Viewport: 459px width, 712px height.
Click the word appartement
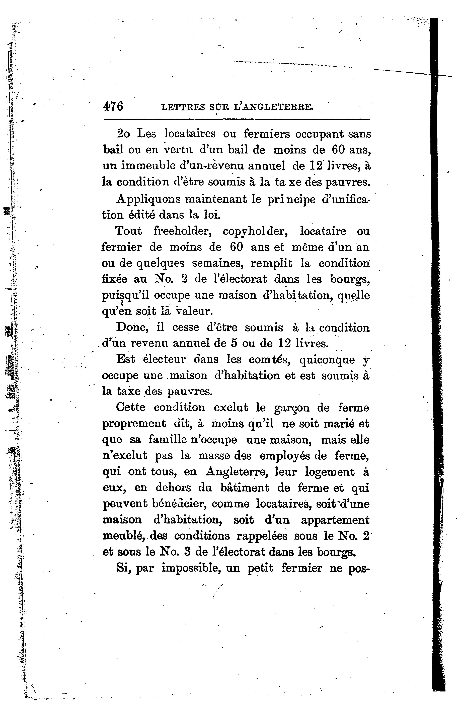coord(335,520)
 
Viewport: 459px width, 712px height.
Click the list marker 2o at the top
coord(123,134)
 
